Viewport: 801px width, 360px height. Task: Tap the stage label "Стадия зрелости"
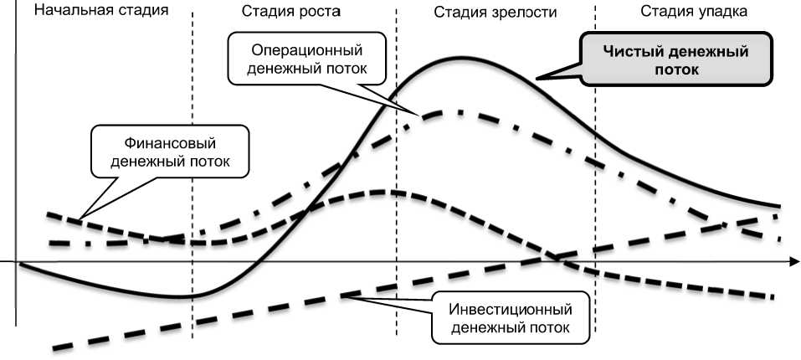click(x=495, y=13)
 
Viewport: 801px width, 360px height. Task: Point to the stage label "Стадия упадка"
click(x=694, y=12)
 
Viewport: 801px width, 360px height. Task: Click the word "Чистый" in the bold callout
click(x=634, y=51)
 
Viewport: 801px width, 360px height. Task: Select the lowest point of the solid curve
click(x=180, y=296)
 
